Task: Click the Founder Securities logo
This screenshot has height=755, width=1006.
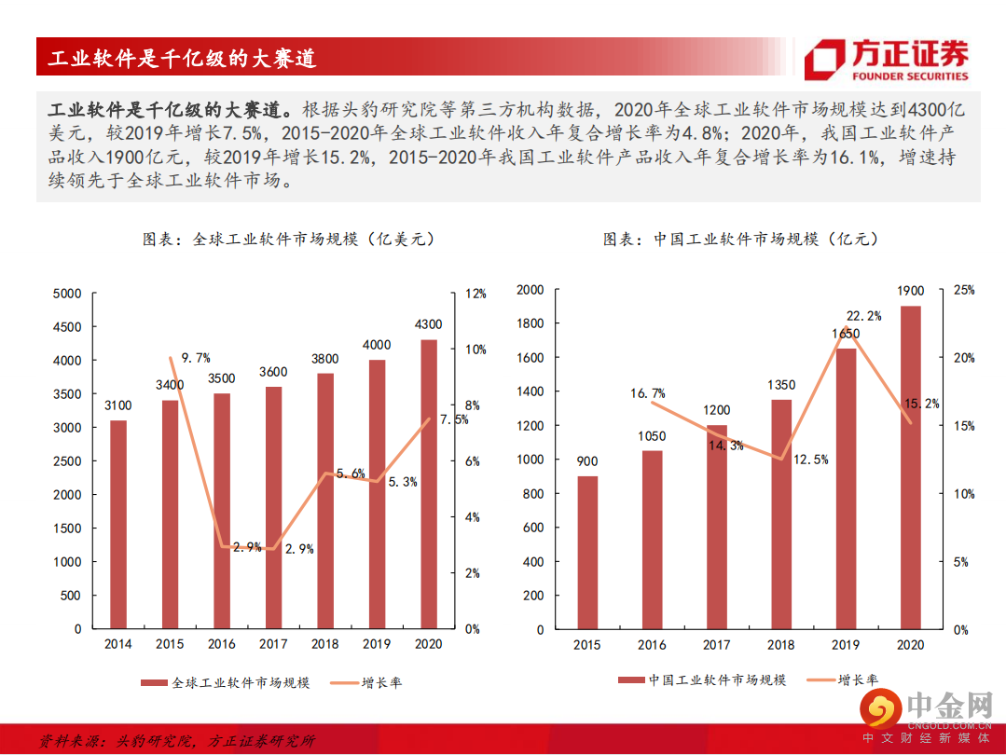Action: click(x=887, y=59)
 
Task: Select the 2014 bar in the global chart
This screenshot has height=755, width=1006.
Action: click(x=117, y=524)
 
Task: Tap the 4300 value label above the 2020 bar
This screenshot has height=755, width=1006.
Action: click(x=428, y=324)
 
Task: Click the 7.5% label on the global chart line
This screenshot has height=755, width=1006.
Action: click(x=454, y=419)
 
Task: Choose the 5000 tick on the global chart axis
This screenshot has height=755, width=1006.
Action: click(x=66, y=294)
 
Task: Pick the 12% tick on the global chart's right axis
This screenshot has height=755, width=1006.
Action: click(x=475, y=294)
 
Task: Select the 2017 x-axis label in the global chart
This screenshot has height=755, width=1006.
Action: click(x=273, y=644)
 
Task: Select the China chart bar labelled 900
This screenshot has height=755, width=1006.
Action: click(x=587, y=553)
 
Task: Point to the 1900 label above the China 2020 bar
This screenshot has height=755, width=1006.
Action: click(x=910, y=291)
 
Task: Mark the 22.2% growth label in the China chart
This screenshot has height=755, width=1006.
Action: click(x=863, y=316)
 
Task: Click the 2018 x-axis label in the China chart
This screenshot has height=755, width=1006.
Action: click(x=781, y=644)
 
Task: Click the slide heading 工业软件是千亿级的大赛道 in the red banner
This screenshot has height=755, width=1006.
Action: click(x=183, y=59)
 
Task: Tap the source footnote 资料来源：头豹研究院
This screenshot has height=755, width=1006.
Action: click(x=177, y=741)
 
